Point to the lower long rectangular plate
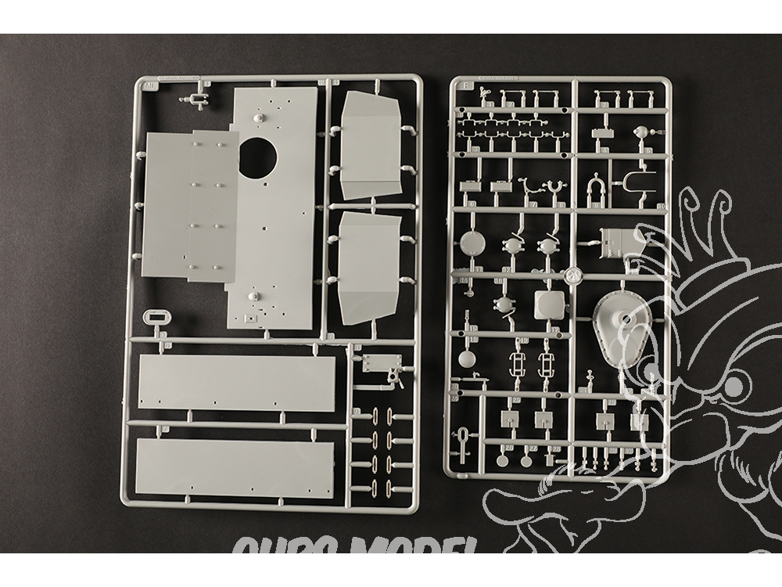coord(235,468)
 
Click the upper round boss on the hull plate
coord(257,116)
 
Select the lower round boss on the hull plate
coord(253,297)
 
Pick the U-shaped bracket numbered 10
coord(636,182)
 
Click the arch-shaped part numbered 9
coord(596,187)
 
